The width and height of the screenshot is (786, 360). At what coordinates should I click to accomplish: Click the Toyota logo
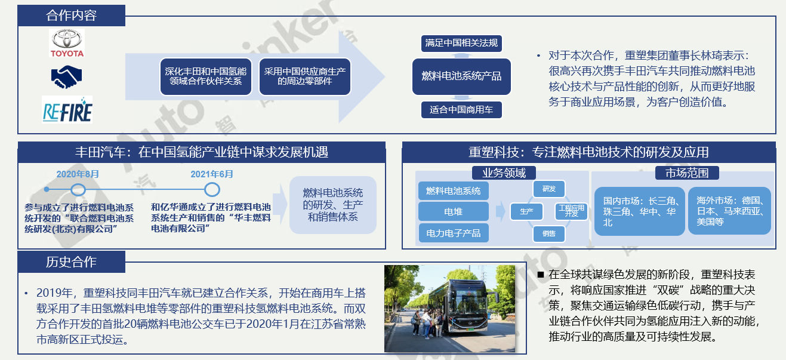(x=67, y=43)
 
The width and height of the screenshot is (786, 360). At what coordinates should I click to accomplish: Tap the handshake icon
(x=66, y=77)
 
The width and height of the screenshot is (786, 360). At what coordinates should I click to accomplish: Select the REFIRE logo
(x=67, y=109)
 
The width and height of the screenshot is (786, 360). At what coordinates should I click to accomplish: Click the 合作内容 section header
(x=71, y=16)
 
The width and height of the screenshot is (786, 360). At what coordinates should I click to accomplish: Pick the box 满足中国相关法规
(x=461, y=43)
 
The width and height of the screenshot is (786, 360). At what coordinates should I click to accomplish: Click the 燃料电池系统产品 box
(x=461, y=76)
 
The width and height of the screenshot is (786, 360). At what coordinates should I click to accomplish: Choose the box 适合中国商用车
(x=461, y=110)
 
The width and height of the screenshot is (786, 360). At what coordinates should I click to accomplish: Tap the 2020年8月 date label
(x=78, y=174)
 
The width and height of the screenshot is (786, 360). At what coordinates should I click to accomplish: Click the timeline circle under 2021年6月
(x=212, y=190)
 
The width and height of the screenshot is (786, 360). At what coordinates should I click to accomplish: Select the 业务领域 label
(x=504, y=173)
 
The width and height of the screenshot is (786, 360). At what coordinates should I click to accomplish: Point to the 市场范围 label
(x=687, y=173)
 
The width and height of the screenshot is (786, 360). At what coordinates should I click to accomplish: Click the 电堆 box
(x=454, y=211)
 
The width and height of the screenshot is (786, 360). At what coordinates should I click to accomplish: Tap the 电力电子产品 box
(x=454, y=233)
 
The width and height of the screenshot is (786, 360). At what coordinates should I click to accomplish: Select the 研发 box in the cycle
(x=549, y=189)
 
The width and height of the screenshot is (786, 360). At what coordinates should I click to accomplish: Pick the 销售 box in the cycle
(x=549, y=233)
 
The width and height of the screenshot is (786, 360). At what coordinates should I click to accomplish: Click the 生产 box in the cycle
(x=526, y=211)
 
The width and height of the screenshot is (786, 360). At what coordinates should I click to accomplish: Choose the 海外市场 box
(x=729, y=211)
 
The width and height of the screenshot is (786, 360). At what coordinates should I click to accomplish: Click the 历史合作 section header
(x=71, y=261)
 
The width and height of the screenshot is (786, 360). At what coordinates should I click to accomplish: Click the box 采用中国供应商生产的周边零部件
(x=304, y=76)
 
